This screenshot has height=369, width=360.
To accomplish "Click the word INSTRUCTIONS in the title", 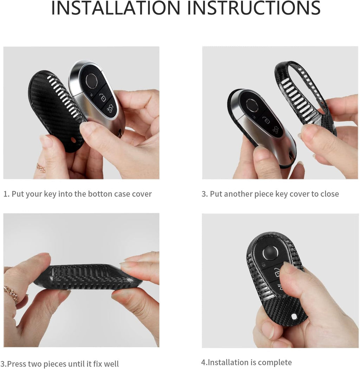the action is coord(254,8).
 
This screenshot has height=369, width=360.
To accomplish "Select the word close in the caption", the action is coord(329,194).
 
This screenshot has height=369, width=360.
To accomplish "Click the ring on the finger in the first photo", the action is coord(41,168).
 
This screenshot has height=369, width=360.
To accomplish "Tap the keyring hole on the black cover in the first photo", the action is coord(74,141).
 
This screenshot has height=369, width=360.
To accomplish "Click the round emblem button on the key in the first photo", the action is coord(91,80).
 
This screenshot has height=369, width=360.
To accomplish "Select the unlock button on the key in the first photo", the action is coord(103,97).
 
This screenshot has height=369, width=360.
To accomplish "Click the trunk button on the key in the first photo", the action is coord(109,109).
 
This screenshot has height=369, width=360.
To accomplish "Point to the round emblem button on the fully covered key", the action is coord(270,253).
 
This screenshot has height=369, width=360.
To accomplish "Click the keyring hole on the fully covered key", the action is coord(294,317).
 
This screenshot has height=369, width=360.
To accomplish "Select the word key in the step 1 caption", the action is coord(50,194).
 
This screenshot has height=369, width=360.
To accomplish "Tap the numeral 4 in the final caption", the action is coord(203,362).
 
